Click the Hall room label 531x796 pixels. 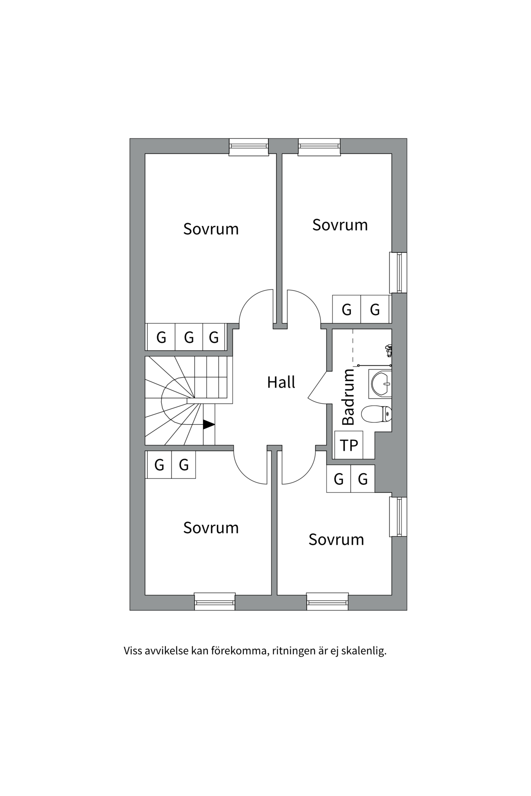coord(281,382)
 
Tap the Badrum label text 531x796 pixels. coord(348,397)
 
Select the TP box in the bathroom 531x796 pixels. coord(348,445)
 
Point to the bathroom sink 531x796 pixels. coord(380,383)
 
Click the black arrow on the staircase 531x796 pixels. coord(209,425)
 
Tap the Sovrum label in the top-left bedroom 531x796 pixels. coord(211,229)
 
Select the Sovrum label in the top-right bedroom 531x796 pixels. coord(340,225)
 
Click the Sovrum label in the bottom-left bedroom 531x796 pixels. coord(211,528)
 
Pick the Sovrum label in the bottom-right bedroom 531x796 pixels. coord(336,539)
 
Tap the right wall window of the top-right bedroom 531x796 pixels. coord(399,272)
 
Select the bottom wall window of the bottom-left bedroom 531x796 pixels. coord(214,602)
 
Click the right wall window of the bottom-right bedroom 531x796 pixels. coord(399,517)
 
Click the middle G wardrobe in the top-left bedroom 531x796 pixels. coord(189,337)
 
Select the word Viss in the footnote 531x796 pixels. coord(132,651)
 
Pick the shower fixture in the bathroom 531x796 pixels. coord(389,350)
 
